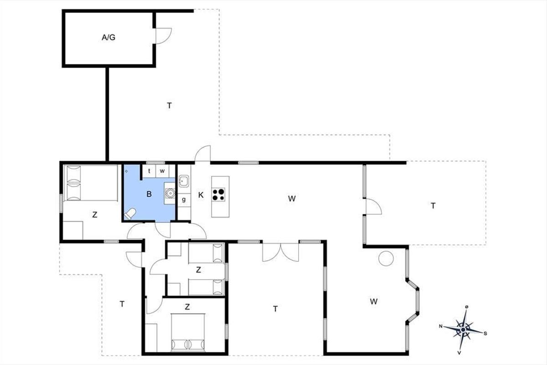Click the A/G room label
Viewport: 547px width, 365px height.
(x=108, y=37)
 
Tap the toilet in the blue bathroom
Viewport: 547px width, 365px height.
(x=130, y=214)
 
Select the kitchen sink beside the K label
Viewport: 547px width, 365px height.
(x=183, y=181)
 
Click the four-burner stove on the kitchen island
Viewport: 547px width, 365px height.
(x=218, y=195)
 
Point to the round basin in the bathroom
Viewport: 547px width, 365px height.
(x=170, y=193)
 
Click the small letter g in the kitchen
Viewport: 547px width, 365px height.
(x=184, y=199)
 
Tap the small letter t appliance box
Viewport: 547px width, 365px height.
(x=149, y=171)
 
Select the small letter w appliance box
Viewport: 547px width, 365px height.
(x=162, y=171)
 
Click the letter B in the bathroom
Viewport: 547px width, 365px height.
(x=149, y=194)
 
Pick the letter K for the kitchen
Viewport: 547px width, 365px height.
(x=201, y=195)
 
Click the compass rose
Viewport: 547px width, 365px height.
(x=463, y=330)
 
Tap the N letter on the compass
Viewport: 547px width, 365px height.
(x=441, y=326)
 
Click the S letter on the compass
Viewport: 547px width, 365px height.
(x=485, y=334)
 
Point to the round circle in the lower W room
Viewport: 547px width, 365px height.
(x=386, y=258)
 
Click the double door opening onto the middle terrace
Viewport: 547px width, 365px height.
(x=281, y=252)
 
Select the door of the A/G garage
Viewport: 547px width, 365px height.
(x=164, y=36)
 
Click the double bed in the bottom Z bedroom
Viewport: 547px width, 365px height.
(x=188, y=332)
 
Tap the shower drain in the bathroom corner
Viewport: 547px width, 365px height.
(x=126, y=171)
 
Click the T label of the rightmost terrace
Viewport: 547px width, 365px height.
(x=433, y=206)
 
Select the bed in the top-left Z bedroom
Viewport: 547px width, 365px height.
(x=90, y=183)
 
